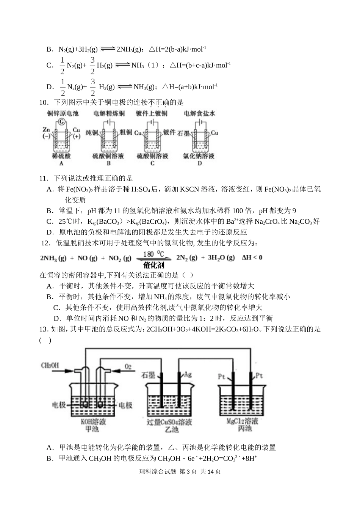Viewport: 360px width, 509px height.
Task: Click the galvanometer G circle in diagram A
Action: [x=61, y=122]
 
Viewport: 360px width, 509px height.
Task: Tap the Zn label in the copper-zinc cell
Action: [x=47, y=129]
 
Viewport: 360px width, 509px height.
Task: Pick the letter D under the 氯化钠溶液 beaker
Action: [x=200, y=163]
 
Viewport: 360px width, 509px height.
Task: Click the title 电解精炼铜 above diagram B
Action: [x=109, y=113]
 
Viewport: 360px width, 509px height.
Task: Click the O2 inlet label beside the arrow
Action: [x=128, y=366]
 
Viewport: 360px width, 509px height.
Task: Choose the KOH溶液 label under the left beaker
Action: [x=93, y=422]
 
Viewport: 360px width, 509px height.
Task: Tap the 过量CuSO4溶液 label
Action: [x=169, y=422]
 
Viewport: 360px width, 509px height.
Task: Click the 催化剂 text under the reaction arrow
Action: [x=153, y=265]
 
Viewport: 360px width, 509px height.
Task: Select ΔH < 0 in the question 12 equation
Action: [x=252, y=258]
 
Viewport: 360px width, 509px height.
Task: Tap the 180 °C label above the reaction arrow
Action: [x=153, y=254]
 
